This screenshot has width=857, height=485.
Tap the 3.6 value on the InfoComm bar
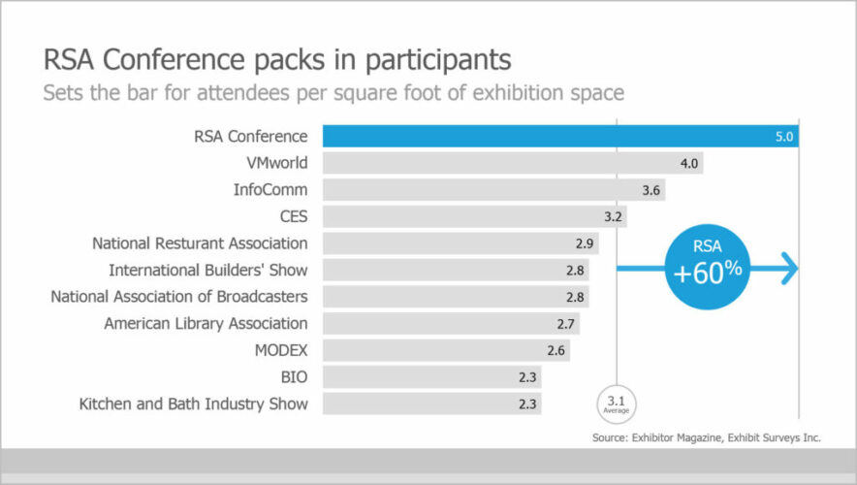651,190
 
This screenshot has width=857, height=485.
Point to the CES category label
293,216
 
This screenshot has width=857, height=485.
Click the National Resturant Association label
200,243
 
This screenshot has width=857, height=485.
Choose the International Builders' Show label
208,270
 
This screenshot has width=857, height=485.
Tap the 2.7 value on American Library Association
569,323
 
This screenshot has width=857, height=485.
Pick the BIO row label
294,376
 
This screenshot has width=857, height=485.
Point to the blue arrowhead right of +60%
789,270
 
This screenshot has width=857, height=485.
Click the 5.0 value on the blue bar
784,137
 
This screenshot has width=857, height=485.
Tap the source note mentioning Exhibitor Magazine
706,438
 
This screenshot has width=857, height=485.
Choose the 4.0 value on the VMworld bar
689,164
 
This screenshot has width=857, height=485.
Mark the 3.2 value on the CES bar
613,216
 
